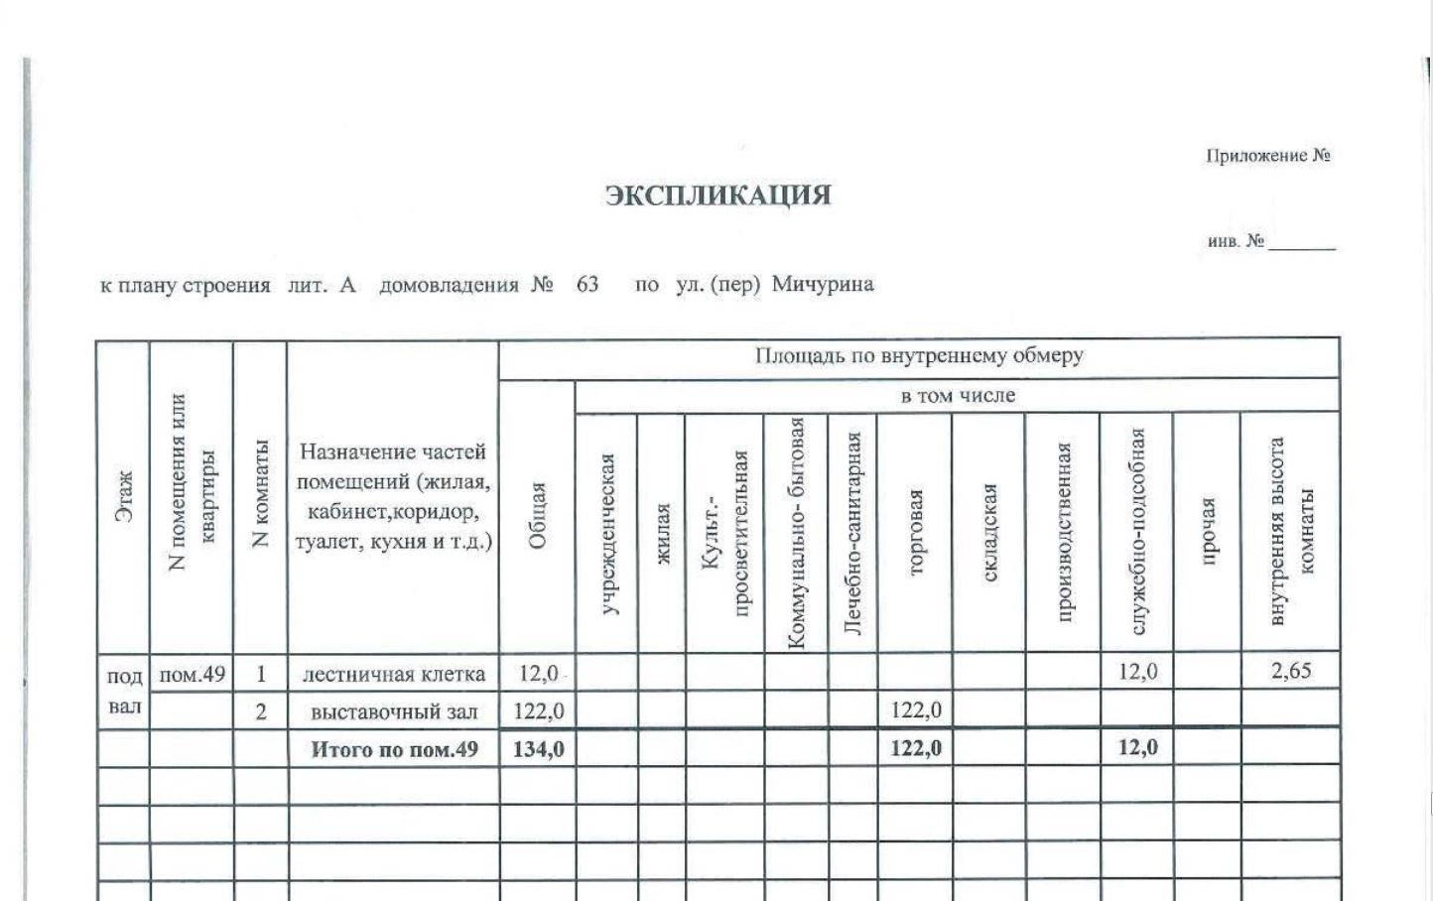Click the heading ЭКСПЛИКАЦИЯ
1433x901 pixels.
tap(718, 194)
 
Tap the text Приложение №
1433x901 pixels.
tap(1267, 156)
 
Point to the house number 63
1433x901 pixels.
tap(586, 285)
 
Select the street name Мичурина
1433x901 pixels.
tap(823, 285)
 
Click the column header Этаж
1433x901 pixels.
tap(123, 496)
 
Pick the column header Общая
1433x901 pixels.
tap(537, 516)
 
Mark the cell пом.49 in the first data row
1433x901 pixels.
tap(192, 675)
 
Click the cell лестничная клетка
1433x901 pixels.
tap(394, 675)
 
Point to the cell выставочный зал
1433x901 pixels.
tap(394, 711)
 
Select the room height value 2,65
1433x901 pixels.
tap(1291, 671)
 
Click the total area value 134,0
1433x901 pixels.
tap(538, 749)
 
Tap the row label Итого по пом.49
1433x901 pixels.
tap(394, 749)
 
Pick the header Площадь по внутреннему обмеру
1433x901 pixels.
tap(919, 356)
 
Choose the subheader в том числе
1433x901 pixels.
tap(958, 396)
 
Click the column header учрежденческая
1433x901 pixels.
tap(607, 534)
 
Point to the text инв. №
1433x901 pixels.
tap(1236, 241)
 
